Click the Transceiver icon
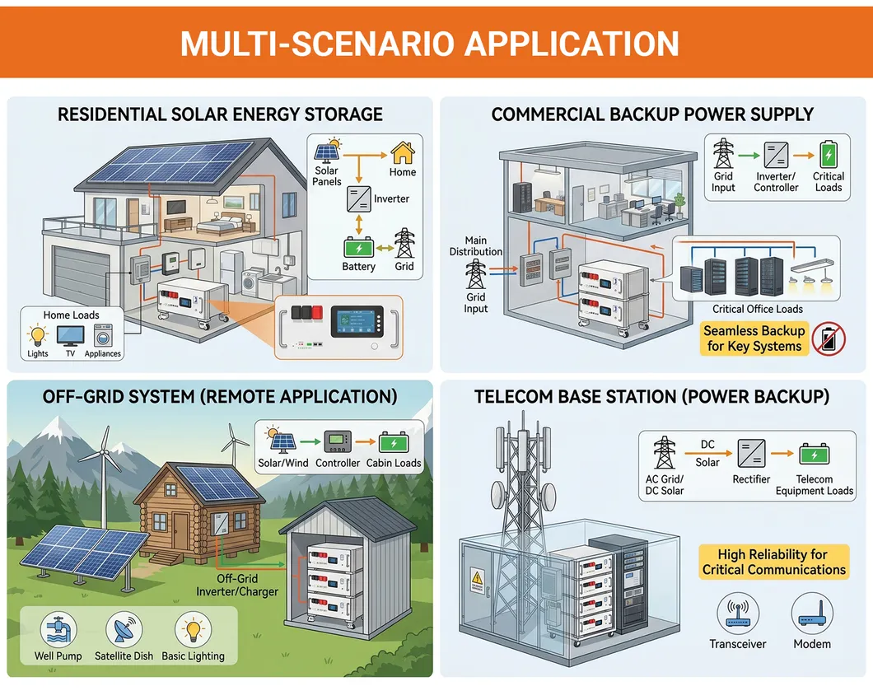pyautogui.click(x=738, y=614)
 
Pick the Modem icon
pyautogui.click(x=812, y=614)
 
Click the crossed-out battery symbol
pyautogui.click(x=829, y=339)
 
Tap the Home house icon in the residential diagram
pyautogui.click(x=403, y=152)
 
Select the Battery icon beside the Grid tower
pyautogui.click(x=359, y=247)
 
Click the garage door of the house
pyautogui.click(x=80, y=276)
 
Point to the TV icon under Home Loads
pyautogui.click(x=71, y=336)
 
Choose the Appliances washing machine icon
pyautogui.click(x=103, y=336)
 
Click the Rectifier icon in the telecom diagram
pyautogui.click(x=751, y=453)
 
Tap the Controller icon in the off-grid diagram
pyautogui.click(x=338, y=442)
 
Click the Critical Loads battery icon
pyautogui.click(x=829, y=154)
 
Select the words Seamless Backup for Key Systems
pyautogui.click(x=754, y=338)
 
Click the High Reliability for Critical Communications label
pyautogui.click(x=774, y=562)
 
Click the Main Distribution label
pyautogui.click(x=476, y=245)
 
